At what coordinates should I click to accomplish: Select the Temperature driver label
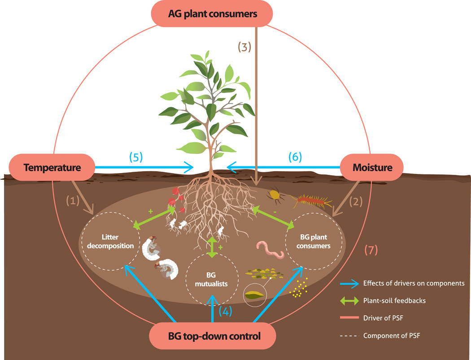click(52, 168)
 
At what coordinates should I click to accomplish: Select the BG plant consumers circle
click(314, 243)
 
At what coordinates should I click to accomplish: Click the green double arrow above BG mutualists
click(213, 247)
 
